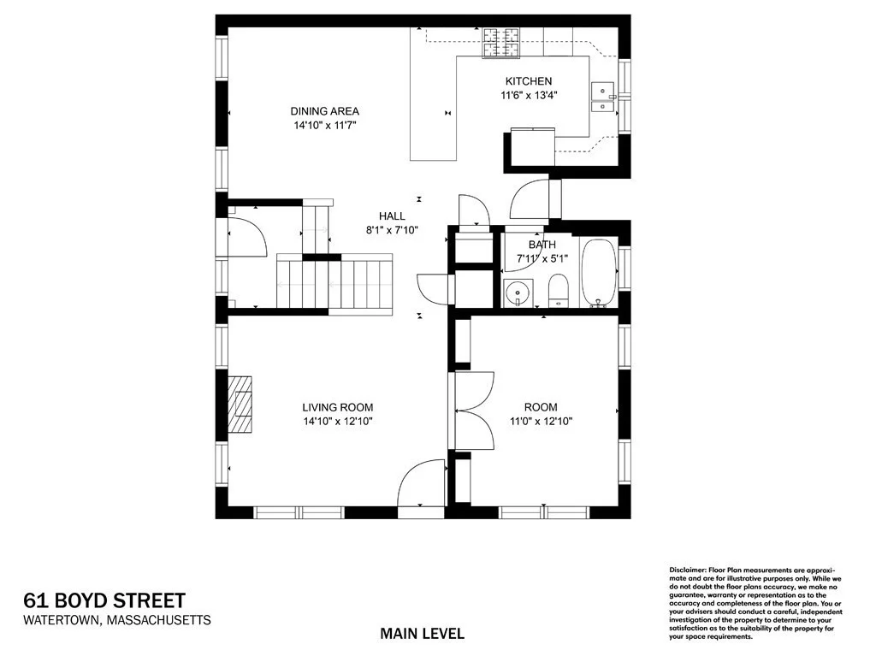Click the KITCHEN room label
click(521, 81)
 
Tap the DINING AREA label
click(324, 111)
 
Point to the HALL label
click(392, 216)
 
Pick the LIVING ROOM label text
click(337, 407)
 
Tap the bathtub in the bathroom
click(598, 273)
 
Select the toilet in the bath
click(558, 290)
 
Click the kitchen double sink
click(603, 98)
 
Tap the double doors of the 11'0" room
click(474, 411)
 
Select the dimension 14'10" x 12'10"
click(337, 421)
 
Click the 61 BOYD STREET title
click(104, 600)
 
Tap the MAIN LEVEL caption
click(422, 634)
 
